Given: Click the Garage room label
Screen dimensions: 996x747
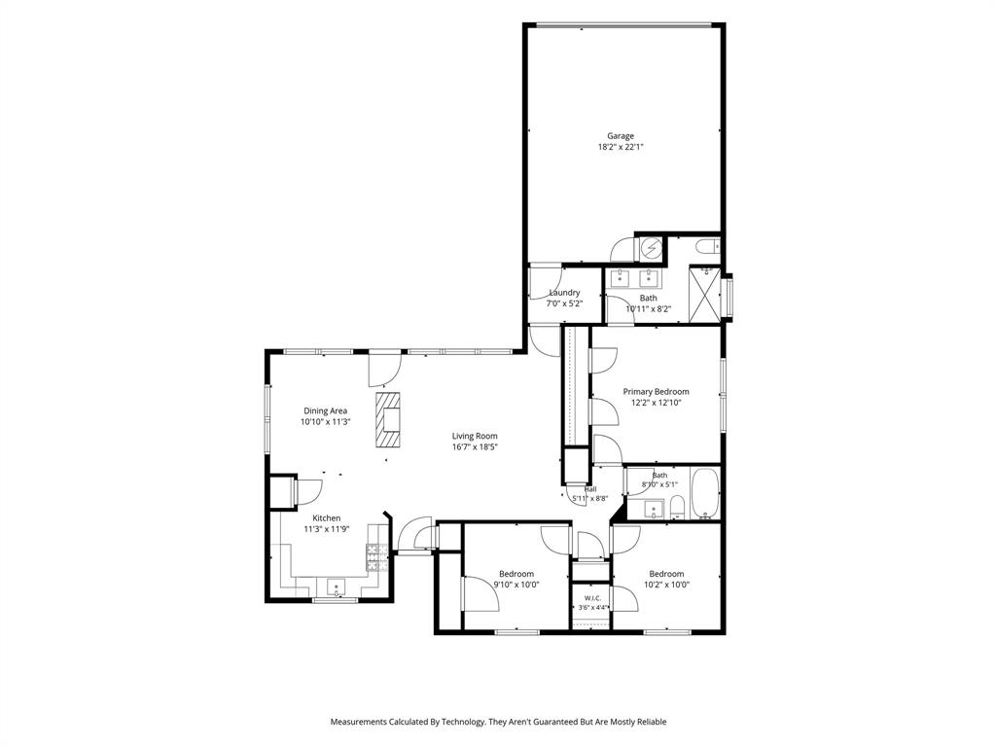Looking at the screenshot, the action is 620,136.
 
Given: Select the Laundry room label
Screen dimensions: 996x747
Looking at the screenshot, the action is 565,293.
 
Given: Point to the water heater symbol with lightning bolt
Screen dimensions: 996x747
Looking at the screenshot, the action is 650,248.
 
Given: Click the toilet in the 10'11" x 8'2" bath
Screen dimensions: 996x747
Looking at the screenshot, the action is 707,245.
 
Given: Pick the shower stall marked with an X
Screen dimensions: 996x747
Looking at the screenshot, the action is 704,294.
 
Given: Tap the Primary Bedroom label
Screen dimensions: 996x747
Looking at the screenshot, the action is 656,391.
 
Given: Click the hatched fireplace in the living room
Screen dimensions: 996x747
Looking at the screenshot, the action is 388,420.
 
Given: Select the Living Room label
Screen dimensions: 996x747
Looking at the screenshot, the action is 475,436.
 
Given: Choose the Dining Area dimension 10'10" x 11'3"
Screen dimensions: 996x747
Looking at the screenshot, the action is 326,421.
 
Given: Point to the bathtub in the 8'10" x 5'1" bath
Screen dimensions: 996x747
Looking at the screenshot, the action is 704,493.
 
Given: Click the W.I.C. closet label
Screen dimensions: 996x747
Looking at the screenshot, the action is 592,598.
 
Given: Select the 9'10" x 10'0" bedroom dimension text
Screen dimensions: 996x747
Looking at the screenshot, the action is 516,585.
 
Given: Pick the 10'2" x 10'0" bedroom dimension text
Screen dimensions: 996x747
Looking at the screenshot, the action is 666,585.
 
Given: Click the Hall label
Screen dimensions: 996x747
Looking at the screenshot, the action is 590,489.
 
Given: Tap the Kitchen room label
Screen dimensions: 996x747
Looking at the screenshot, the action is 327,518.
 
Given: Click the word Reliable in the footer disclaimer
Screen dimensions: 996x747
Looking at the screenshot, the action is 651,722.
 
